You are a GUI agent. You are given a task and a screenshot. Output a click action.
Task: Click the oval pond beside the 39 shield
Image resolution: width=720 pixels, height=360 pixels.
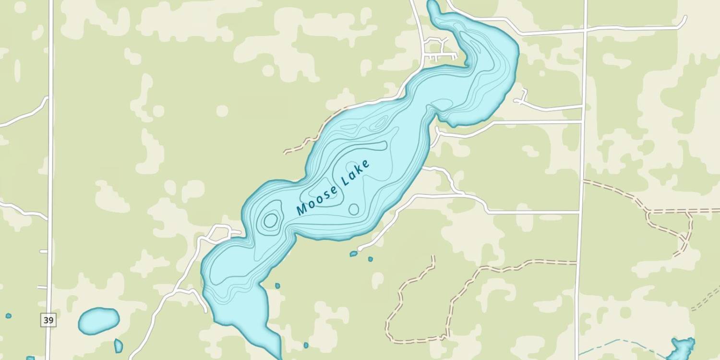click(98, 321)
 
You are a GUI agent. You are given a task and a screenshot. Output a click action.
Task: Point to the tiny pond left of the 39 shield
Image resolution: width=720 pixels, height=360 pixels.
click(8, 316)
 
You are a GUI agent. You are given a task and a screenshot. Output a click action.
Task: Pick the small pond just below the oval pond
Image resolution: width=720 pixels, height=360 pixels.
click(118, 346)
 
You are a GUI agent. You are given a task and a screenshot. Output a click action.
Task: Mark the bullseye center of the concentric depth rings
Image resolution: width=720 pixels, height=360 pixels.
click(270, 220)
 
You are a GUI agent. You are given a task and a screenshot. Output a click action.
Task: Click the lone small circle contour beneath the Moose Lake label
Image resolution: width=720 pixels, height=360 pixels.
click(354, 209)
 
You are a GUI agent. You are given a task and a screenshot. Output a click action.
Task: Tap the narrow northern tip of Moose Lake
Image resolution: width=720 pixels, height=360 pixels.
click(433, 6)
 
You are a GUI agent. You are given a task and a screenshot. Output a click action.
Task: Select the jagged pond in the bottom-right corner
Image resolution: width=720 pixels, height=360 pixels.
click(682, 348)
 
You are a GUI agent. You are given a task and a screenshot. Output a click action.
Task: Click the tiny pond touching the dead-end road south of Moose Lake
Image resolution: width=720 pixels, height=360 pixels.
click(354, 253)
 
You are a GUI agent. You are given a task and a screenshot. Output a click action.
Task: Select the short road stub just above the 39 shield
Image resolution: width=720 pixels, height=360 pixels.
click(43, 287)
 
